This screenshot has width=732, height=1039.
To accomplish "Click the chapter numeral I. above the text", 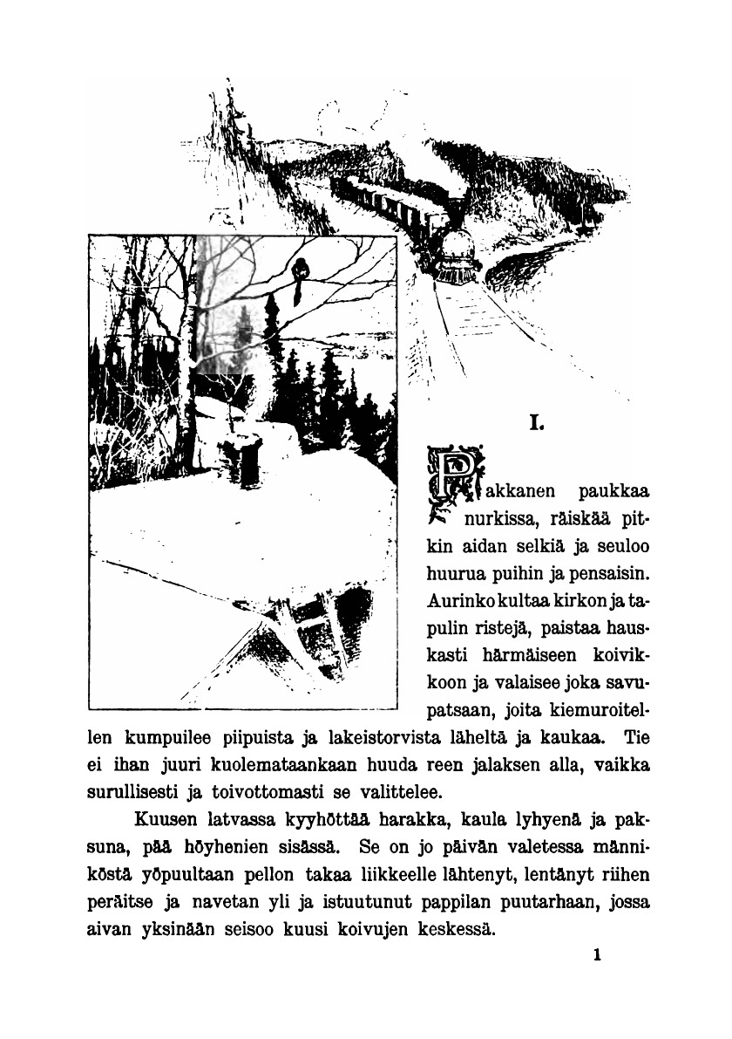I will click(538, 425).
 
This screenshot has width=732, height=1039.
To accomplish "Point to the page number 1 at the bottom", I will click(597, 955).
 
